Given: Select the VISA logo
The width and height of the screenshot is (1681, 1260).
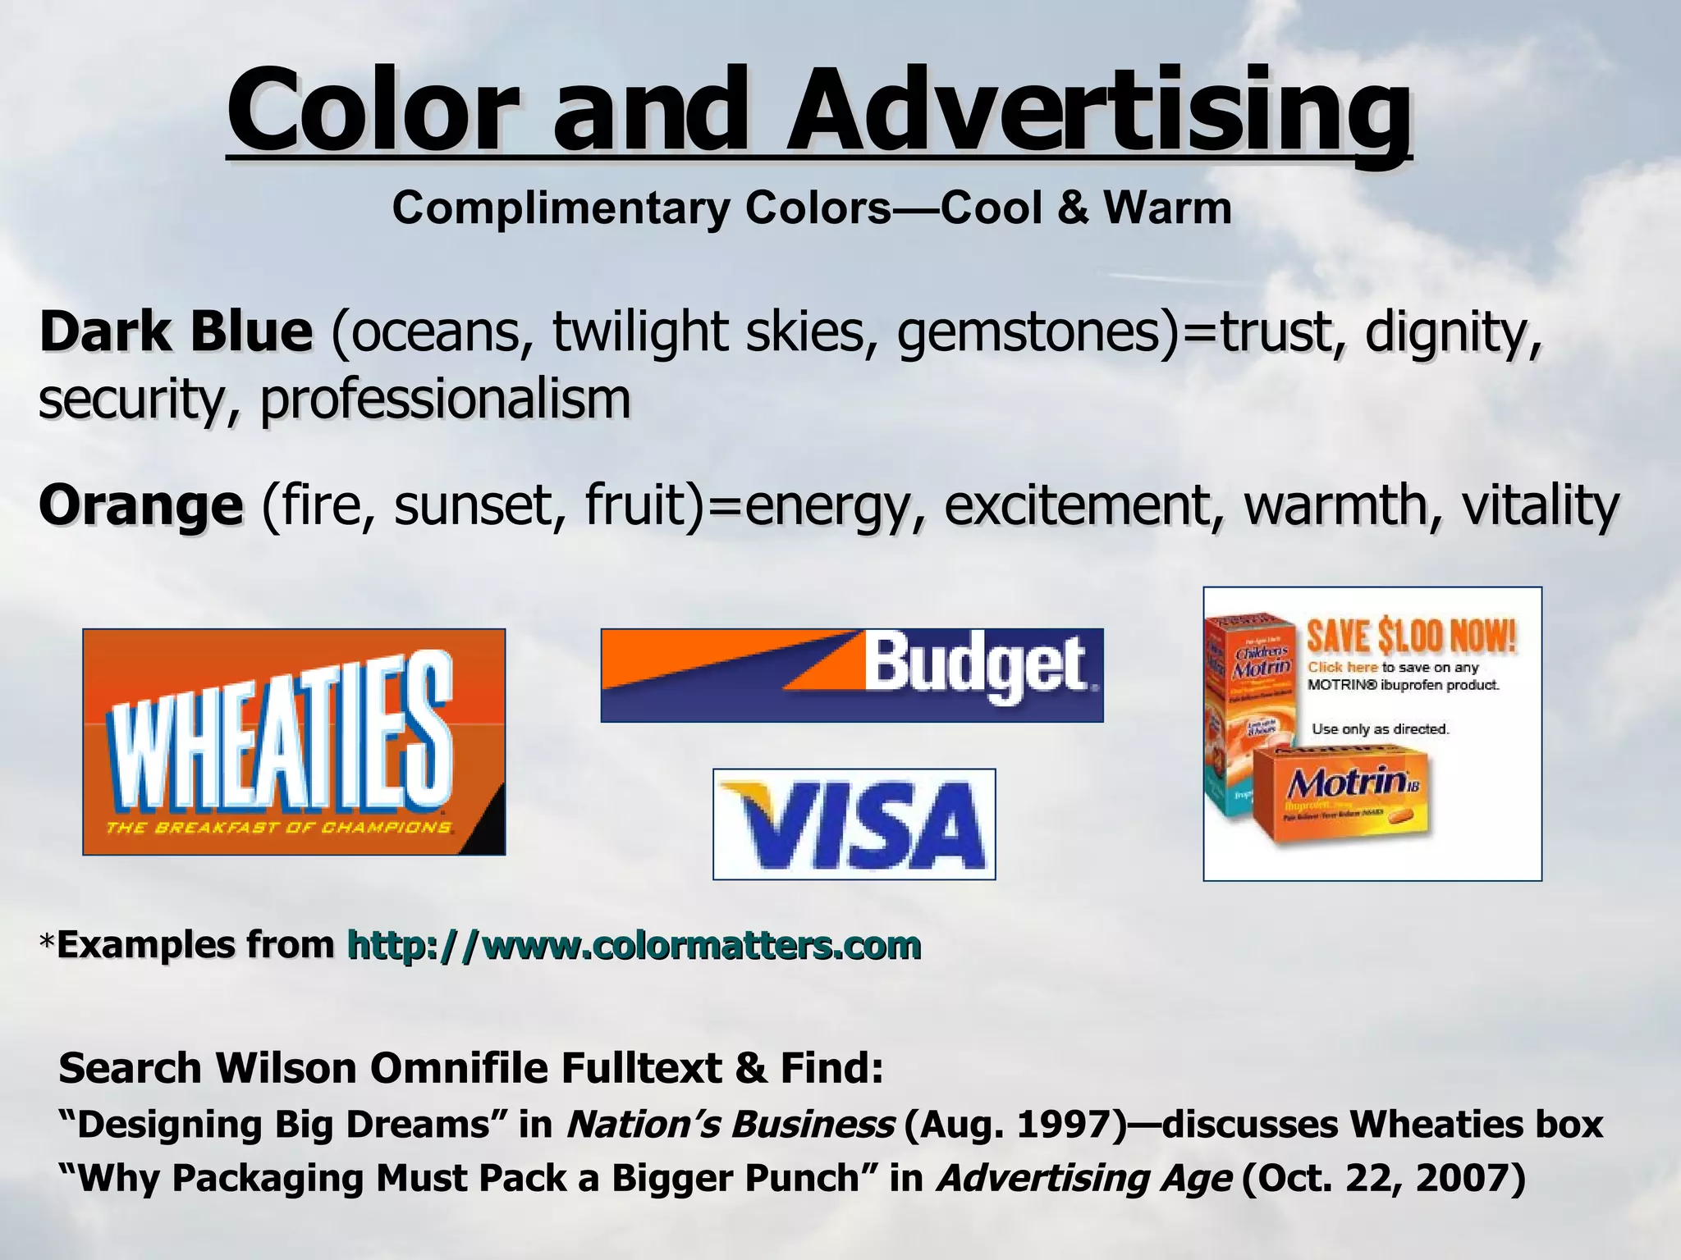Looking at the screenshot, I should pyautogui.click(x=854, y=824).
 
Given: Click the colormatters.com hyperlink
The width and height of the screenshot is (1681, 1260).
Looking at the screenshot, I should pyautogui.click(x=634, y=945).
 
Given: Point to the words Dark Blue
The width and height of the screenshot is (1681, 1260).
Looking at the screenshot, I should pyautogui.click(x=176, y=332).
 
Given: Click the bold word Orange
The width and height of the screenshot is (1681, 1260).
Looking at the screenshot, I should pyautogui.click(x=140, y=505).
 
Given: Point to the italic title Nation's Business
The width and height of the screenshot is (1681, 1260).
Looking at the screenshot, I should pyautogui.click(x=730, y=1124).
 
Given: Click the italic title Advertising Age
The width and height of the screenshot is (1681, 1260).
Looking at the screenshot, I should pyautogui.click(x=1083, y=1178).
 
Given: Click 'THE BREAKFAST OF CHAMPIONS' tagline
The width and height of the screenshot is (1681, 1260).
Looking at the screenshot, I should pyautogui.click(x=279, y=828).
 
